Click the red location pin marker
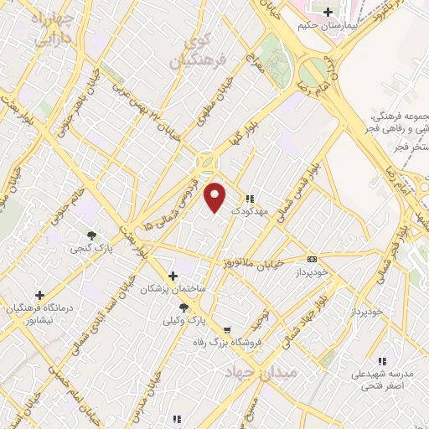(215, 197)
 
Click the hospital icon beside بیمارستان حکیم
(328, 12)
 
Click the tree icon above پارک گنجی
(91, 235)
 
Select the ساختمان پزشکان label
(172, 288)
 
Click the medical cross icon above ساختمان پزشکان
(173, 275)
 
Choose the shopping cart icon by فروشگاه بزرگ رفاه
(226, 329)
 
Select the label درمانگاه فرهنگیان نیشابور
(41, 314)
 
